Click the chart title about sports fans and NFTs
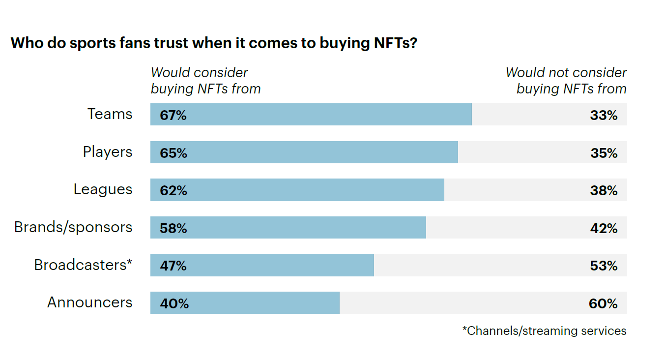[214, 43]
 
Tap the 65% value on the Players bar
[173, 153]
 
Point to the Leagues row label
[103, 189]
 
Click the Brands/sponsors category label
[73, 227]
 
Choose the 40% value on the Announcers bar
[174, 303]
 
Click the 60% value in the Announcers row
[603, 303]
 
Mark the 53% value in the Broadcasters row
[604, 266]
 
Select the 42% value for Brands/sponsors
[604, 228]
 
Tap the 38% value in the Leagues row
[604, 190]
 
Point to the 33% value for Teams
[604, 115]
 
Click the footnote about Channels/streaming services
[545, 330]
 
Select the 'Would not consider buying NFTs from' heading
[567, 81]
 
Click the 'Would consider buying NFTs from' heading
[205, 81]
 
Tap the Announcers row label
[90, 302]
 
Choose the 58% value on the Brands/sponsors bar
[173, 228]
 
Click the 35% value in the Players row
[604, 153]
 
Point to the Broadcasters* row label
[83, 265]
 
